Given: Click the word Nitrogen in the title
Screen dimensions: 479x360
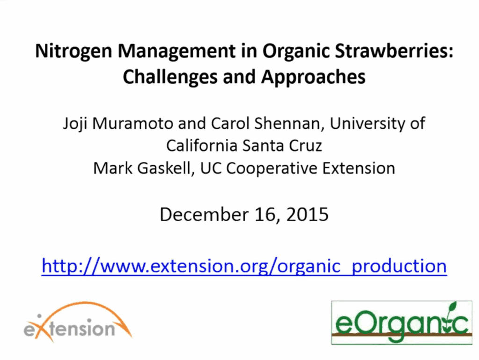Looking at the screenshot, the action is (x=73, y=51).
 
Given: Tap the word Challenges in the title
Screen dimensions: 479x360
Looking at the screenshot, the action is (x=170, y=77).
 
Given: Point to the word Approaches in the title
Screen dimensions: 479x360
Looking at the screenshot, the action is (x=313, y=78).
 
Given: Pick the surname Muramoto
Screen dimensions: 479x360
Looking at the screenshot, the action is (x=133, y=123).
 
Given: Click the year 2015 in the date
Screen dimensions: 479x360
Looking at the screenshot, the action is (x=307, y=214).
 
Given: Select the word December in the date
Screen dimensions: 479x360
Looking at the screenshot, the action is (x=204, y=214).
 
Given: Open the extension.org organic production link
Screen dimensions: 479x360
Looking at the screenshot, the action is (x=244, y=266).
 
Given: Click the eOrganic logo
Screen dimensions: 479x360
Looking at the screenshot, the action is (x=402, y=323).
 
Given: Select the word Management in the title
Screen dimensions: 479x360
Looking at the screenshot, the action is (x=176, y=51).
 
